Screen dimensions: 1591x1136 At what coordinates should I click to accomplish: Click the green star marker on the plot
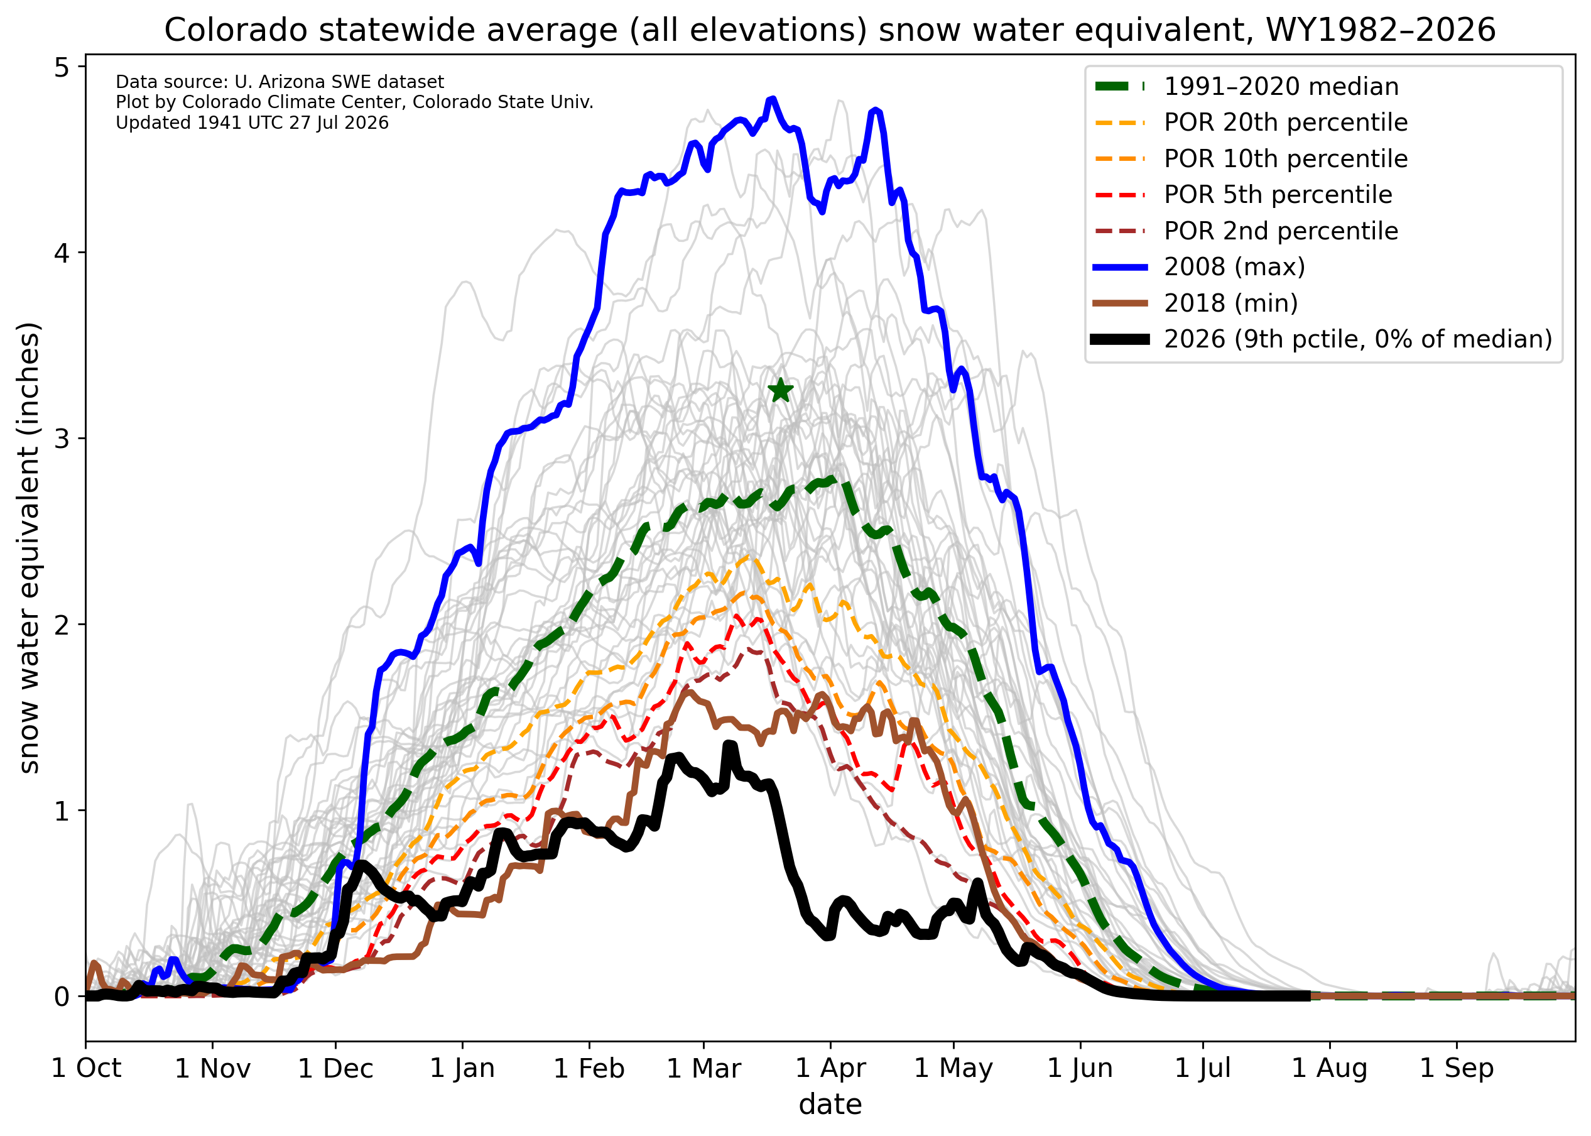point(781,390)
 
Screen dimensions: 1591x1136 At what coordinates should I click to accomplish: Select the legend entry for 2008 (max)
point(1198,266)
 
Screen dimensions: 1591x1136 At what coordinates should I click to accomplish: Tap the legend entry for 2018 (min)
point(1195,303)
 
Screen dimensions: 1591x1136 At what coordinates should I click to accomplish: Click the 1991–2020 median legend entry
point(1246,87)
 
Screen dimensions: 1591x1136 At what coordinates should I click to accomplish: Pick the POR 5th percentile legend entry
point(1242,194)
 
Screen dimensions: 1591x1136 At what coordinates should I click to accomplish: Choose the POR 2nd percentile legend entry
point(1245,231)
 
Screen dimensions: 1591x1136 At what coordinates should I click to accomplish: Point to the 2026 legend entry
point(1322,339)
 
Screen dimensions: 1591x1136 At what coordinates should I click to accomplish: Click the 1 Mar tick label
point(704,1068)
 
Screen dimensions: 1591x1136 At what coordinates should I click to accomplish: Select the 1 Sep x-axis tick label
point(1457,1068)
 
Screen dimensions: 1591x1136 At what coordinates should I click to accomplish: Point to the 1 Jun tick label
point(1080,1068)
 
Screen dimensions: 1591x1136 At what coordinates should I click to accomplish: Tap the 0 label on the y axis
point(62,996)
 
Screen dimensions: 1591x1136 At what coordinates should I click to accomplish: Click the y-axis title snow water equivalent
point(30,549)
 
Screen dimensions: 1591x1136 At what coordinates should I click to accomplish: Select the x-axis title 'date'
point(830,1105)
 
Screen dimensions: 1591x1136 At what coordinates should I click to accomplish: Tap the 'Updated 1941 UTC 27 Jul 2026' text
point(252,123)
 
